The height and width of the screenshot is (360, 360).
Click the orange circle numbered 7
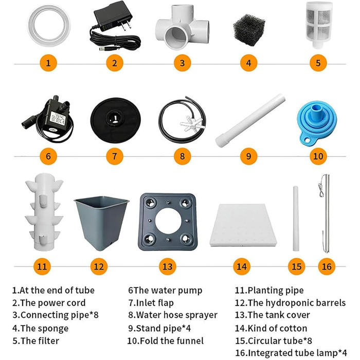(115, 156)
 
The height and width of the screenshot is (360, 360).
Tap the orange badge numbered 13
(167, 266)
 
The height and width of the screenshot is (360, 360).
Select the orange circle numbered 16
(327, 266)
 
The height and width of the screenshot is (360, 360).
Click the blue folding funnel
(316, 122)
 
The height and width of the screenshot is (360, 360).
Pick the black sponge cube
(249, 30)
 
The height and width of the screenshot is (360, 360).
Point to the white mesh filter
(319, 25)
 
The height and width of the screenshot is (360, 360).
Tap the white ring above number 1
(49, 26)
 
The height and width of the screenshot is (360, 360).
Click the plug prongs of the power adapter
(125, 25)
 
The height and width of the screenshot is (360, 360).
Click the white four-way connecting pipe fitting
(182, 27)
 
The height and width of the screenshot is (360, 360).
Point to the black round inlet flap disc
(116, 120)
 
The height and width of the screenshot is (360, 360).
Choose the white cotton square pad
(243, 225)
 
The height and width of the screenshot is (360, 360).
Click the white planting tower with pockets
(44, 211)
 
